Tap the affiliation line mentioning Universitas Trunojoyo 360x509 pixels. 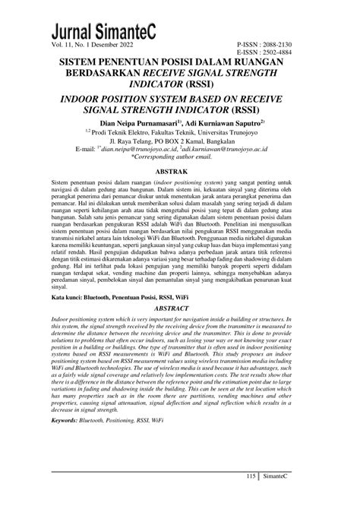(x=179, y=131)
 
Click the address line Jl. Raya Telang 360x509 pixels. (x=179, y=141)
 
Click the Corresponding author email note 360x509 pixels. (x=179, y=158)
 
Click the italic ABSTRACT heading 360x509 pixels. (x=179, y=310)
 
